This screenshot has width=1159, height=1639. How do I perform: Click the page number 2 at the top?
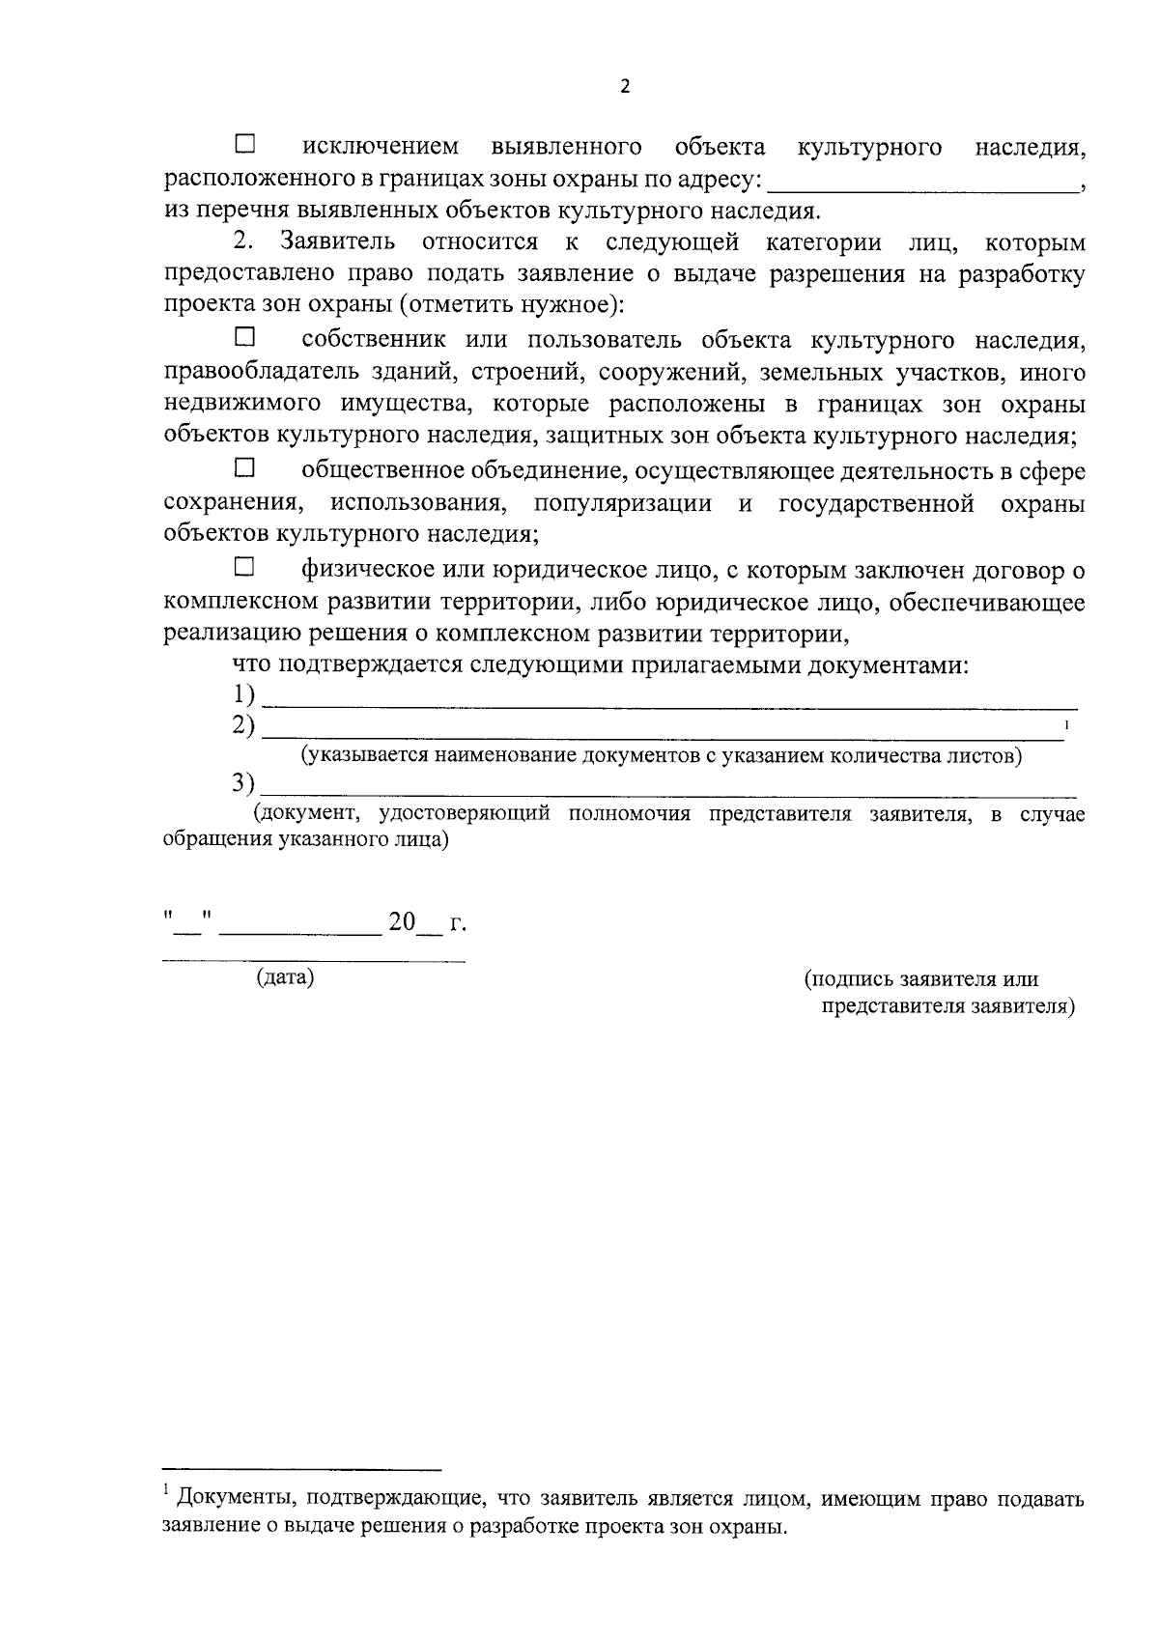(624, 86)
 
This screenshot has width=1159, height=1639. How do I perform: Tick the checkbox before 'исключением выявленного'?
(245, 145)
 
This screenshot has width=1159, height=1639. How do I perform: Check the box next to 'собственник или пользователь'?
(245, 338)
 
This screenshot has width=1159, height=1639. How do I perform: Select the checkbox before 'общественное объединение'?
(245, 469)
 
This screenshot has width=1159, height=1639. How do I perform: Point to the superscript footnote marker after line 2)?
(1066, 724)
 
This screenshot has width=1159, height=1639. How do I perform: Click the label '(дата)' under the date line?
(285, 977)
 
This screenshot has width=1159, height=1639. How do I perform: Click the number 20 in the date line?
(401, 922)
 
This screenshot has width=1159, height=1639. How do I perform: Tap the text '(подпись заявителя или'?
(921, 978)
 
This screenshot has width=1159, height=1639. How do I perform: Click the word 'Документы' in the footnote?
(232, 1499)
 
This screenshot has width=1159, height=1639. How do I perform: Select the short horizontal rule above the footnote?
(301, 1469)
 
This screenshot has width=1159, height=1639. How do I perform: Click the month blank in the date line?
(301, 929)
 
